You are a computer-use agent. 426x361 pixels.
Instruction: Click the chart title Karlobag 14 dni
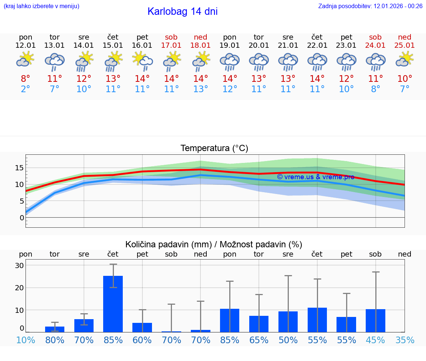(x=182, y=11)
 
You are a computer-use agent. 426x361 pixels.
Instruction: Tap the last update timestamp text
(x=370, y=6)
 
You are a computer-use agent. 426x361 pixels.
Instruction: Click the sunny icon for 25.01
(x=405, y=59)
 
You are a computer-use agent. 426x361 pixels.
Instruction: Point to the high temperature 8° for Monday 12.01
(x=26, y=78)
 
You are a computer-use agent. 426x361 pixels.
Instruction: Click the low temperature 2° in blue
(x=26, y=89)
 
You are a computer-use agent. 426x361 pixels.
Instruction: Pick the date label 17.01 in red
(x=171, y=45)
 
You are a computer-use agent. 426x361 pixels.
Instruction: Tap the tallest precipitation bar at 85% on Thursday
(x=113, y=304)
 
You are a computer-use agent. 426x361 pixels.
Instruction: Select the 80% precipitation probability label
(x=55, y=340)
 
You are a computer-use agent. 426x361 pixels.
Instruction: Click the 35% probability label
(x=405, y=340)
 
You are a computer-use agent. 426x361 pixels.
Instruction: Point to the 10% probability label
(x=26, y=340)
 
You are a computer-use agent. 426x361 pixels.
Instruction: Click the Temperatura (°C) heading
(x=214, y=148)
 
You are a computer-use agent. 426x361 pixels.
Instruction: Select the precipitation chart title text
(x=214, y=244)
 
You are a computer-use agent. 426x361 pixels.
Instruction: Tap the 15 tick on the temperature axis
(x=19, y=168)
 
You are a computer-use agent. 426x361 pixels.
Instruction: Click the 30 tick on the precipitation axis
(x=19, y=265)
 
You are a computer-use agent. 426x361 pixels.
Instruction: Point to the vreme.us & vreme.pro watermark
(x=315, y=177)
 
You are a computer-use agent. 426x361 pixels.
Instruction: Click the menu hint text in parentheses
(x=41, y=6)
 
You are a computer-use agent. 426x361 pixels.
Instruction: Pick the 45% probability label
(x=375, y=340)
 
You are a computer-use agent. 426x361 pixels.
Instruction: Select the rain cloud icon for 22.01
(x=317, y=61)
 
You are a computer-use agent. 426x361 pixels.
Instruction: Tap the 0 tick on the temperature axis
(x=21, y=218)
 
